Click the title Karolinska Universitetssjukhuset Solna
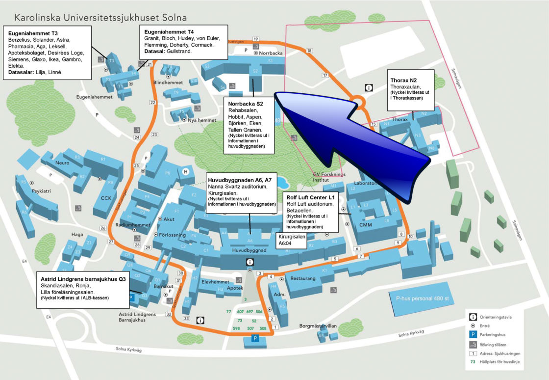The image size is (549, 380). point(100,18)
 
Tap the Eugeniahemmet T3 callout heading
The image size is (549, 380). point(30,33)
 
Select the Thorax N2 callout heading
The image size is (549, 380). point(403,80)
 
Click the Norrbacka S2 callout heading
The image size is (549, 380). point(246,104)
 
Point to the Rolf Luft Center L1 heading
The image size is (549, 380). point(310,197)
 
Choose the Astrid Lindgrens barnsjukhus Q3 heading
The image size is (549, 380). point(82,279)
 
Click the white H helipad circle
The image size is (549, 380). point(186,171)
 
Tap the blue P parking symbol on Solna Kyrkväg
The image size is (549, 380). point(255,338)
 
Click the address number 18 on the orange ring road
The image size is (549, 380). point(309,51)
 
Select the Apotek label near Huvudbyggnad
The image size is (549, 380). point(235,289)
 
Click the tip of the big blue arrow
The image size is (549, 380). point(275,93)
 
